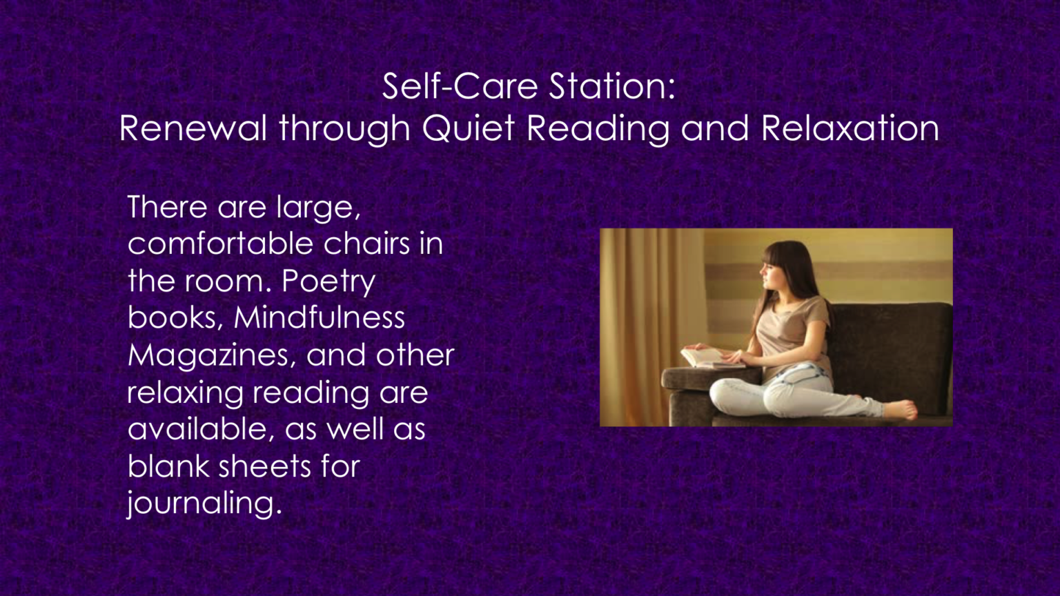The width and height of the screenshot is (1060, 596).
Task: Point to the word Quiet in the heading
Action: (x=468, y=128)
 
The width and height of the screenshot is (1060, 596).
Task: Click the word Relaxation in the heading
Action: (x=850, y=128)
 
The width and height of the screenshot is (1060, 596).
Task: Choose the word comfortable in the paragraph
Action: (x=220, y=244)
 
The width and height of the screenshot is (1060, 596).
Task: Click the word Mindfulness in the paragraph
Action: (x=319, y=317)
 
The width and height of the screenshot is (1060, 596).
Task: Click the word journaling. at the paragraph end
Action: (x=204, y=504)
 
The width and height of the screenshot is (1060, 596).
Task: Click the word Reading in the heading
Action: (x=598, y=128)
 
